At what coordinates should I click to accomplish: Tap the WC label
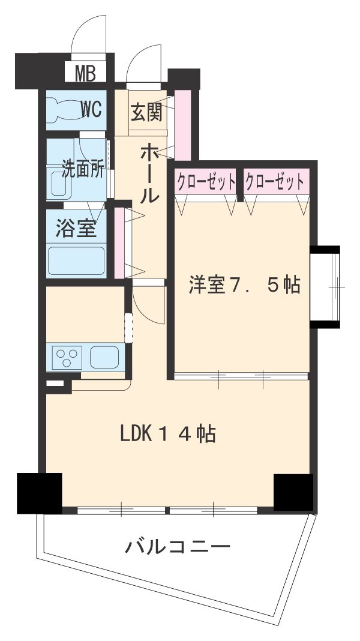pos(92,109)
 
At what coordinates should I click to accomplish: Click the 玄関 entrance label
pos(146,112)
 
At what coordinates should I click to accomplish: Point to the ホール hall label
pos(149,173)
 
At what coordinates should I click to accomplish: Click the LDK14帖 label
pos(168,433)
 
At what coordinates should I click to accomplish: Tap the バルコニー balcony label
pos(178,547)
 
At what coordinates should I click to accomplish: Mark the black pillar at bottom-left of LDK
pos(40,493)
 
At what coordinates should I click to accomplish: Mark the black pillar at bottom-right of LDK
pos(293,492)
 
